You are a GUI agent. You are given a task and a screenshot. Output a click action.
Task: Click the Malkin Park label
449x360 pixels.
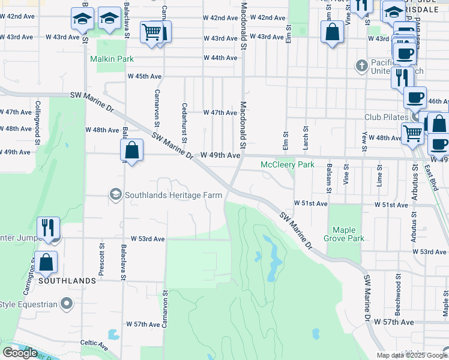tap(112, 59)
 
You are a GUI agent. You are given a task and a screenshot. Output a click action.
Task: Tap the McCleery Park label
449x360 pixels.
tap(288, 164)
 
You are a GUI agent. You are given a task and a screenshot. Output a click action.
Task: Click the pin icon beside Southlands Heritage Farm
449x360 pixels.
tap(115, 194)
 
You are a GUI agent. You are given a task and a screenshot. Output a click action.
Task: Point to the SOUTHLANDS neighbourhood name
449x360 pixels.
tap(67, 281)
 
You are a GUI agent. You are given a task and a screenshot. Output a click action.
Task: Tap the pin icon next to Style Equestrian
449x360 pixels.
tap(67, 304)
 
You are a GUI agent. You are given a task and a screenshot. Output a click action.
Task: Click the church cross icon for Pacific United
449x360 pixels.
tap(361, 65)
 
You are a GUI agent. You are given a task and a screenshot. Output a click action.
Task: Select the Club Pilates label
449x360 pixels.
tap(386, 117)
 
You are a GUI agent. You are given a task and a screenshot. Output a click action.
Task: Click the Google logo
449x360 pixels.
tap(20, 353)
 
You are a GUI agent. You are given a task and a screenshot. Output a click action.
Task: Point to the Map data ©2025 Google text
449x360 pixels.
tap(412, 355)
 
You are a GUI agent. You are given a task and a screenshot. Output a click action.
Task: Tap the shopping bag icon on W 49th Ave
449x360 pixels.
tap(132, 151)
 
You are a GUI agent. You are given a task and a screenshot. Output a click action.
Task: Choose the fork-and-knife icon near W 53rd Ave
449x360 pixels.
tap(48, 227)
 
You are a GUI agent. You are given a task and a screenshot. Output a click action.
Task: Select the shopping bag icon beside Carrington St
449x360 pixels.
tap(46, 261)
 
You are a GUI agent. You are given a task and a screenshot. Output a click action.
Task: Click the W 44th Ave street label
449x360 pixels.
tap(220, 58)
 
